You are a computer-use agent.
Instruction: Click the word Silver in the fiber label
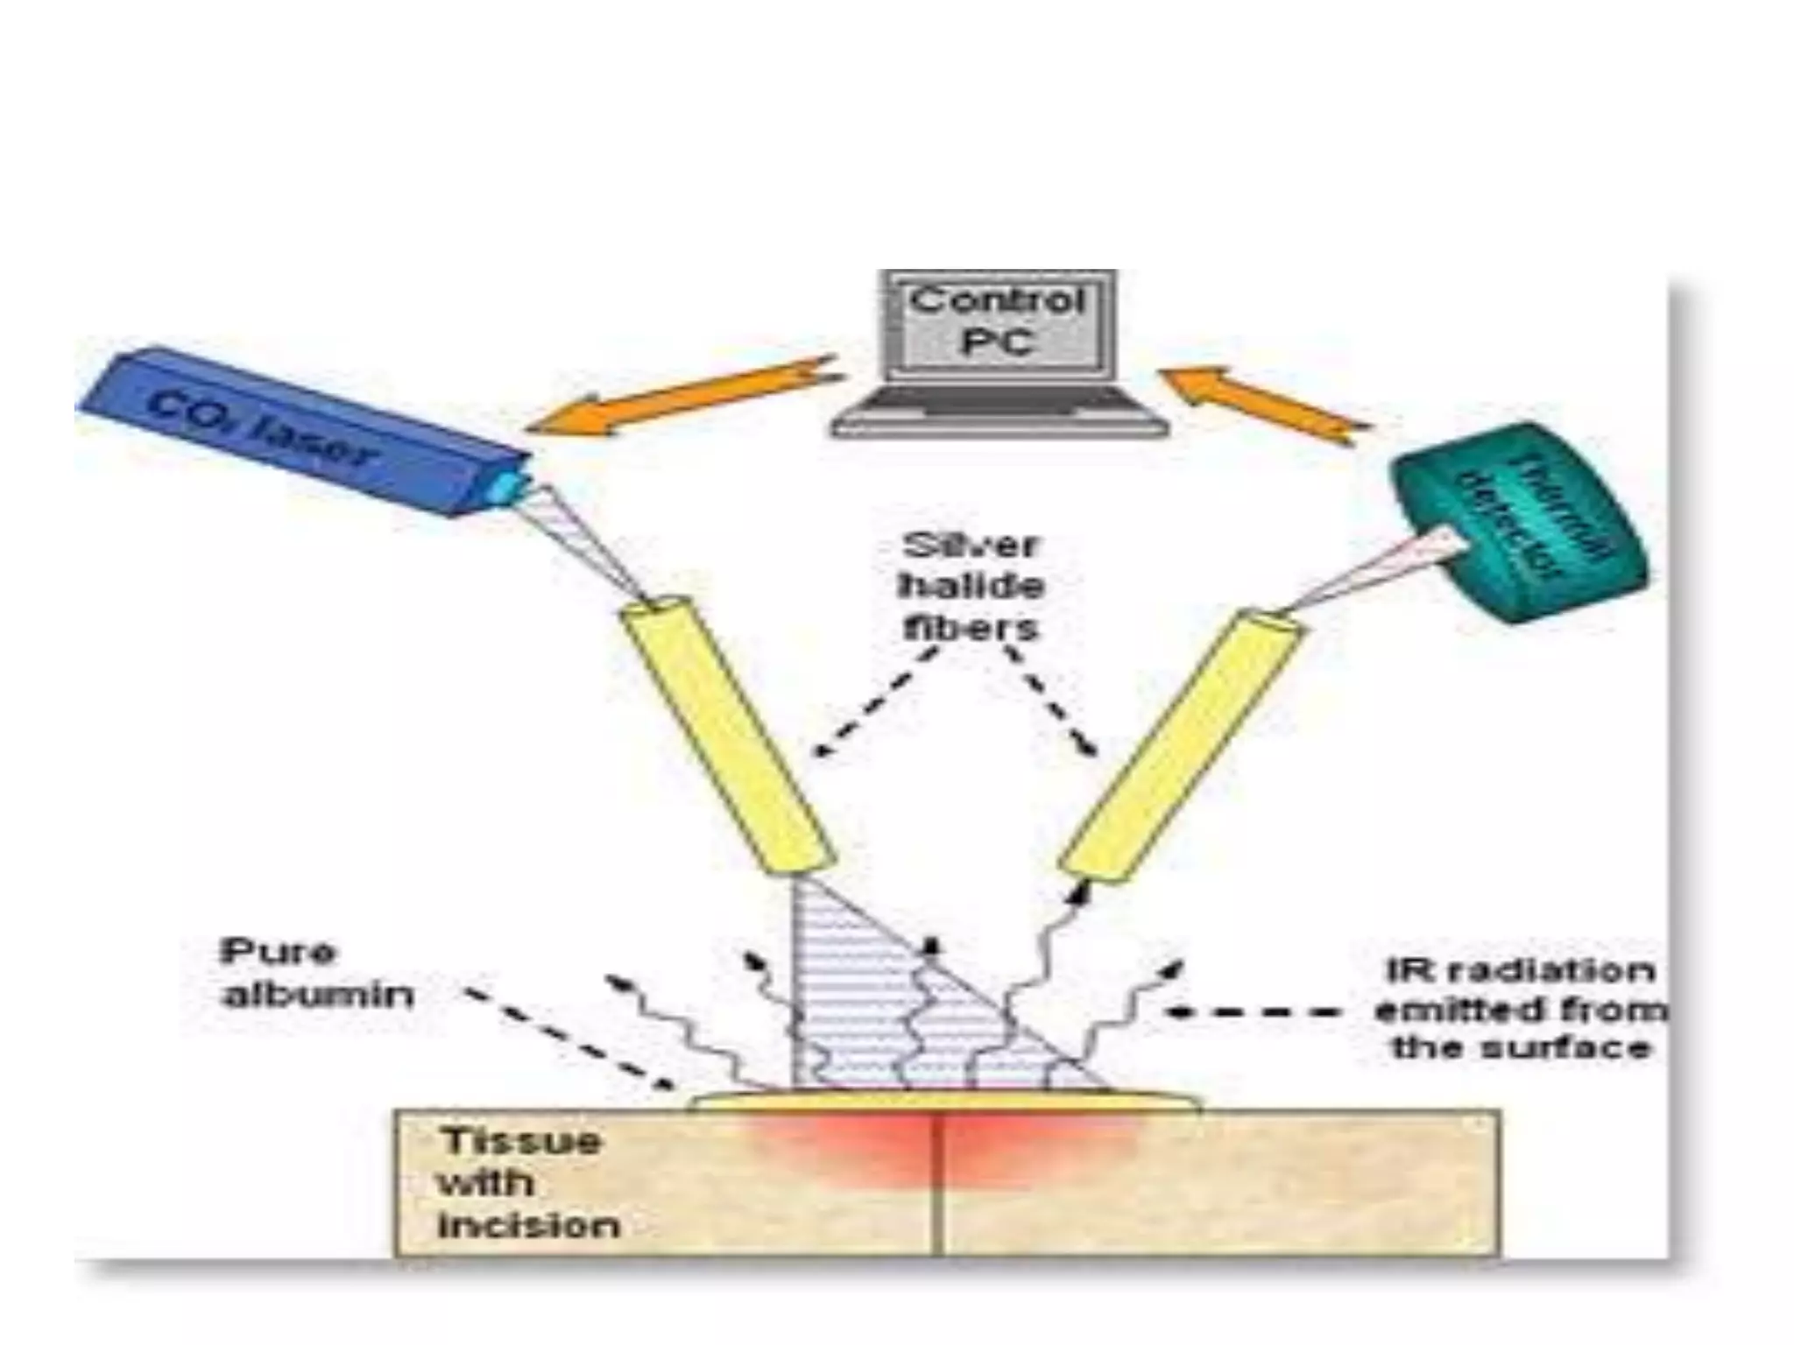tap(970, 546)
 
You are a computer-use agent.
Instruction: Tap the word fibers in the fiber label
tap(971, 627)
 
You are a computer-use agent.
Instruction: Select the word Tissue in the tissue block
tap(520, 1141)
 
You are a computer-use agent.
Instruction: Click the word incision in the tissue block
tap(528, 1224)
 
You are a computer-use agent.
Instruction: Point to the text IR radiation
tap(1521, 970)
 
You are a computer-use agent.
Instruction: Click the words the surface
tap(1521, 1047)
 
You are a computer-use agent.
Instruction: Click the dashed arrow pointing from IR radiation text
tap(1253, 1012)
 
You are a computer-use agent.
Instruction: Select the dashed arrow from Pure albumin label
tap(569, 1042)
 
